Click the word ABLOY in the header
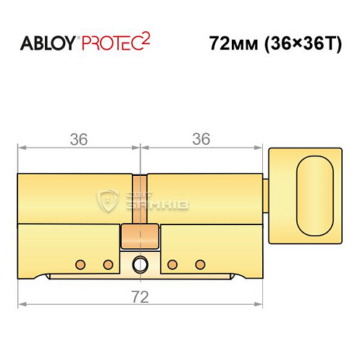(49, 42)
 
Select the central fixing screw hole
(139, 265)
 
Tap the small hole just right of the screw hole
(171, 264)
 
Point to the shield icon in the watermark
(108, 199)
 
